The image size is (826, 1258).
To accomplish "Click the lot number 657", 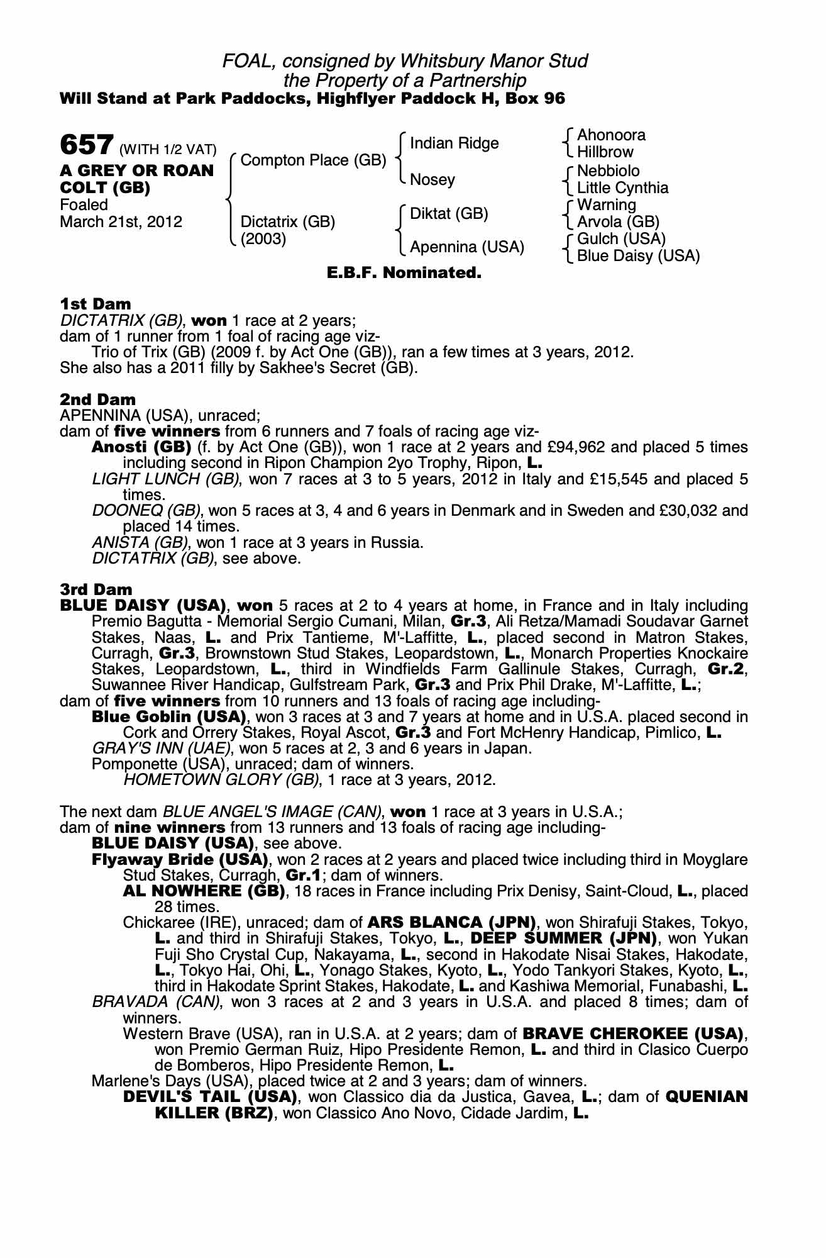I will tap(86, 145).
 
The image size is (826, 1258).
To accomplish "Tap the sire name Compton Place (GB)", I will tap(313, 160).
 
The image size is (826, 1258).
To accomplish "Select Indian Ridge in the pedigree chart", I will tap(454, 143).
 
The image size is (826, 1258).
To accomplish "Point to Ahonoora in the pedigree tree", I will tap(611, 135).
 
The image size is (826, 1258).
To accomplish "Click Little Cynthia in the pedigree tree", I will tap(622, 188).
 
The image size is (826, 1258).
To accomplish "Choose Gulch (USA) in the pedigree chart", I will tap(621, 239).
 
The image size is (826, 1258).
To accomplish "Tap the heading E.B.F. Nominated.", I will tap(404, 274).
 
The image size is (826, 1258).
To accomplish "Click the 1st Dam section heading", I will tap(96, 304).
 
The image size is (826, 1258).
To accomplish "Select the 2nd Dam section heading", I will tap(97, 399).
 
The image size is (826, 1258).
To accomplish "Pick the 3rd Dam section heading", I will tap(96, 589).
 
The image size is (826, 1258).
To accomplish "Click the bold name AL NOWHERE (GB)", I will tap(204, 891).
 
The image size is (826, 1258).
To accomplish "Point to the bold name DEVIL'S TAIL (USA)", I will tap(209, 1097).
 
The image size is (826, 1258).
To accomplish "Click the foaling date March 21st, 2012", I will tap(121, 222).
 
